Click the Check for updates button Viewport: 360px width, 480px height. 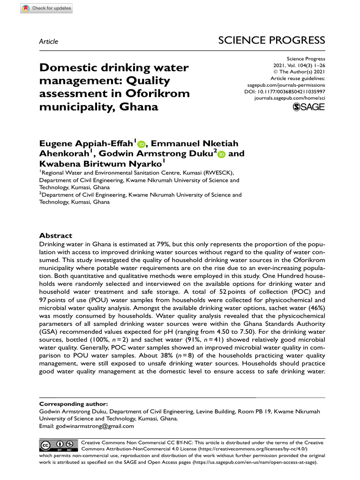pos(46,8)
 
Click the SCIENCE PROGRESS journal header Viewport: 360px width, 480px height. pos(271,40)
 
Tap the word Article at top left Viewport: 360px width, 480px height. pos(49,42)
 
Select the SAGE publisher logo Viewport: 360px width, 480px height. pos(308,108)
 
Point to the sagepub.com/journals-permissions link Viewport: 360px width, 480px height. pos(286,85)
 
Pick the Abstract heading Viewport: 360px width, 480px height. pos(56,236)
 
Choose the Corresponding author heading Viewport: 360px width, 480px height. pos(74,404)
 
